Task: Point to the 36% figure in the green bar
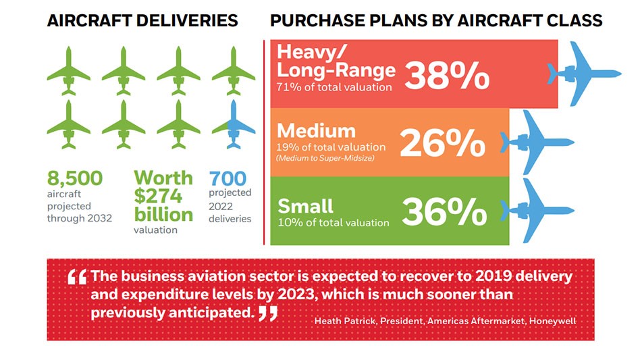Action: point(444,211)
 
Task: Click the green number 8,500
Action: point(74,178)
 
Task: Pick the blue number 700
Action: point(228,178)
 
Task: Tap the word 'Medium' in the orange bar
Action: point(316,130)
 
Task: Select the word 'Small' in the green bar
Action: point(306,205)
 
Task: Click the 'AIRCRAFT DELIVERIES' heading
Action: point(142,21)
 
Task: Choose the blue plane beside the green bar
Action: point(541,210)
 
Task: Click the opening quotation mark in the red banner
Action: point(78,277)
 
